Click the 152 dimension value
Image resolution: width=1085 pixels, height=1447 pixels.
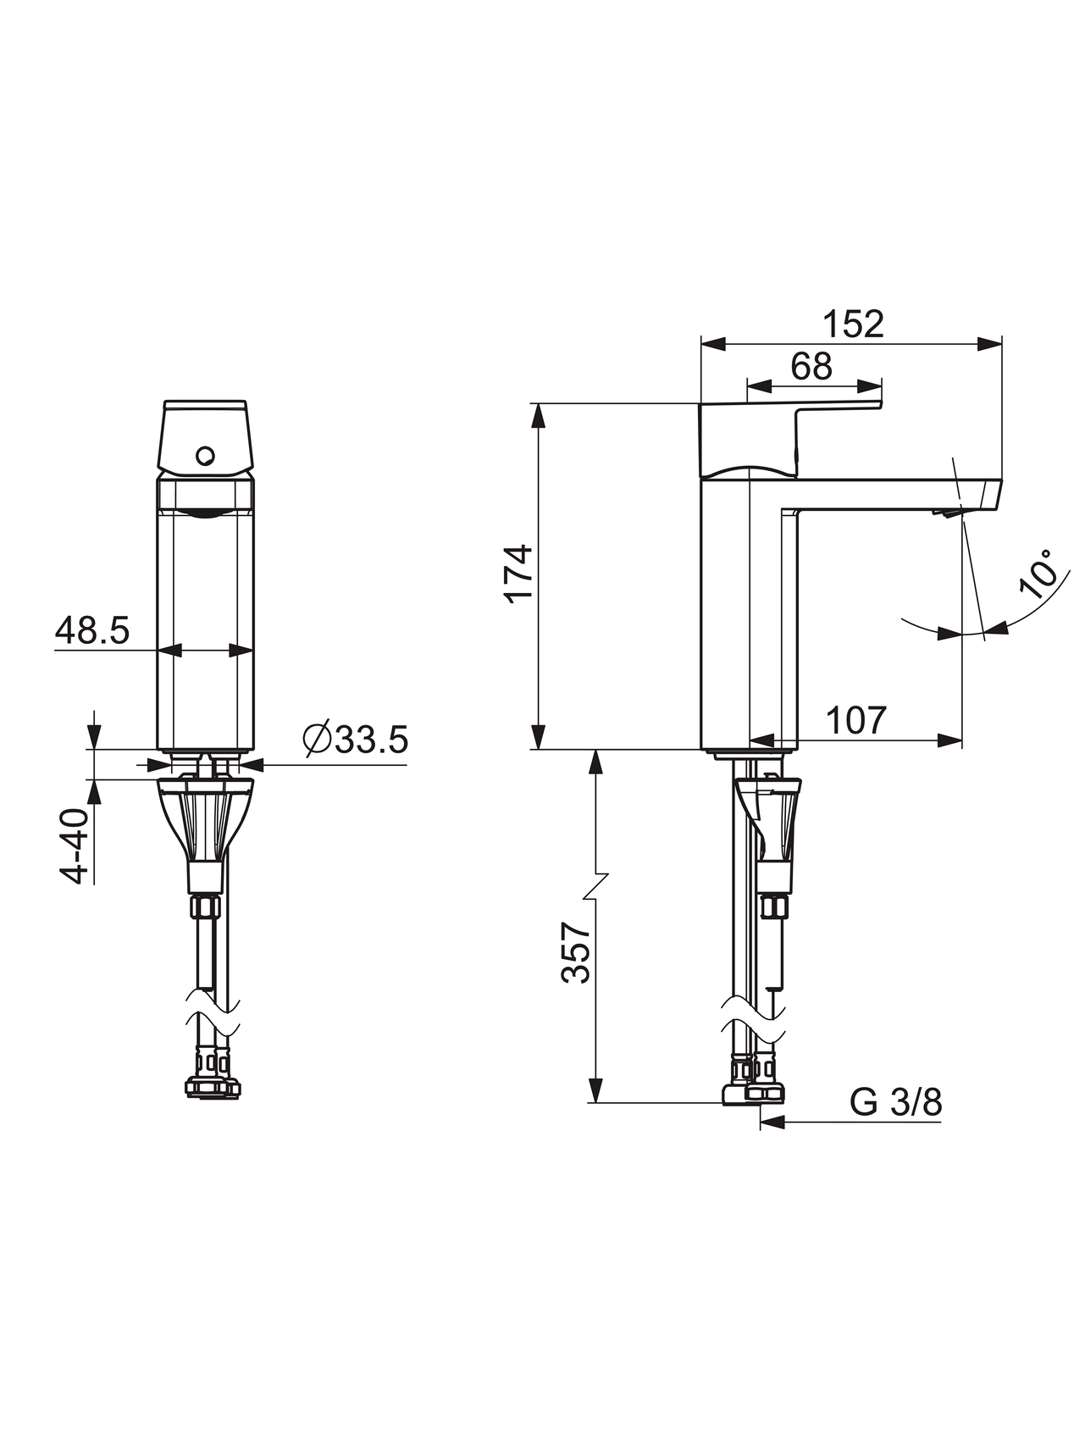(x=853, y=324)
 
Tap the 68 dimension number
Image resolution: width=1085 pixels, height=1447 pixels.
(x=811, y=366)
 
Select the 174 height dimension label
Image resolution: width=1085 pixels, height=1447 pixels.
(x=519, y=574)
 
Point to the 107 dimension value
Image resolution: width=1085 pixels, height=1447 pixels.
(x=855, y=721)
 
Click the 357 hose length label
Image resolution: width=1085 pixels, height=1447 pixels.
(x=576, y=952)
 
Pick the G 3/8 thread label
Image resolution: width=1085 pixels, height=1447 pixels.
(x=895, y=1103)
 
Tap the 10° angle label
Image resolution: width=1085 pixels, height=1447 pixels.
(x=1039, y=574)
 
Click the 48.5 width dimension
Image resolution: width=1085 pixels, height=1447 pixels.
(x=92, y=630)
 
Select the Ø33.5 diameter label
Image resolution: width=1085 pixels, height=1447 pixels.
(x=356, y=740)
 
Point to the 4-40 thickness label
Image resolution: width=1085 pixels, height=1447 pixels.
(x=75, y=846)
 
